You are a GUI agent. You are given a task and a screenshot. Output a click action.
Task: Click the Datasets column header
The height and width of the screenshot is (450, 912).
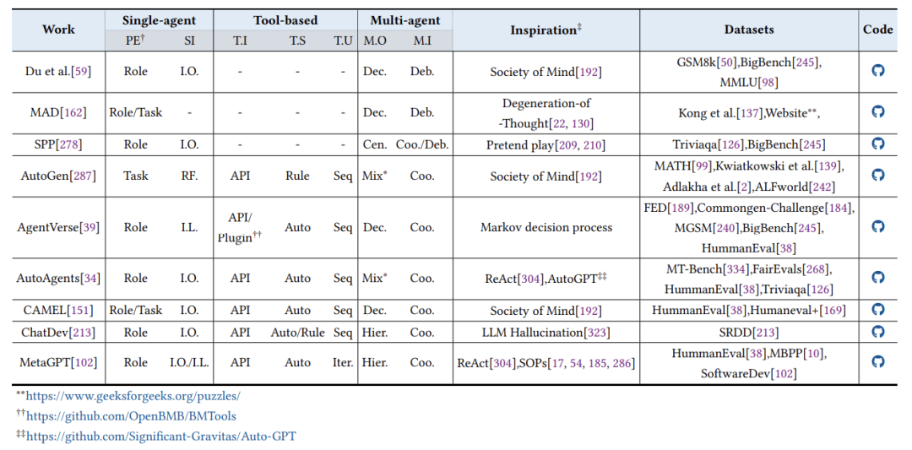[749, 30]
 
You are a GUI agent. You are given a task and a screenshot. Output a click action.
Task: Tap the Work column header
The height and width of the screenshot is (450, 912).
[58, 29]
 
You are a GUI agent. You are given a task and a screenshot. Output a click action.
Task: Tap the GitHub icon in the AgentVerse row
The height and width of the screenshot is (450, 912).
[878, 227]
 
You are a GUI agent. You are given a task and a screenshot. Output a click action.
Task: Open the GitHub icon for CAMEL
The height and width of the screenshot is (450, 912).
[878, 309]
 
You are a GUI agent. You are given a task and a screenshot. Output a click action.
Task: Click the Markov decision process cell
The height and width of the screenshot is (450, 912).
[546, 227]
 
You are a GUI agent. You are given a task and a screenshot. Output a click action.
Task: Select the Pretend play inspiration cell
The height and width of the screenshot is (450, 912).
[546, 144]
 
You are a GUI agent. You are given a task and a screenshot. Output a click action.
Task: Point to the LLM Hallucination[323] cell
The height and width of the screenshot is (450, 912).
[546, 333]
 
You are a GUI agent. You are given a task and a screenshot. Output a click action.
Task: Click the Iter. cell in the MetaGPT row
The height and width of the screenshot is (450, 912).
[343, 363]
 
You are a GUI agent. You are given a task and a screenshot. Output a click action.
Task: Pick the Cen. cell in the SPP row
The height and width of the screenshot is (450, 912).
[375, 144]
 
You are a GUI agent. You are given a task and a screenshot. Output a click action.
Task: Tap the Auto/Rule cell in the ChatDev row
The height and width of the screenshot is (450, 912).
[297, 333]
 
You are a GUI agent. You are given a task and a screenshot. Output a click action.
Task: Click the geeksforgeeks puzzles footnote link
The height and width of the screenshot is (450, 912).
[133, 397]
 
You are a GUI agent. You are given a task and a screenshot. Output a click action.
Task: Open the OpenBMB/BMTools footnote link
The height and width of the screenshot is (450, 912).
[132, 416]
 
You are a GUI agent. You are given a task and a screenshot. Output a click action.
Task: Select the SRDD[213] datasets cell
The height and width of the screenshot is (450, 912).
[749, 333]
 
